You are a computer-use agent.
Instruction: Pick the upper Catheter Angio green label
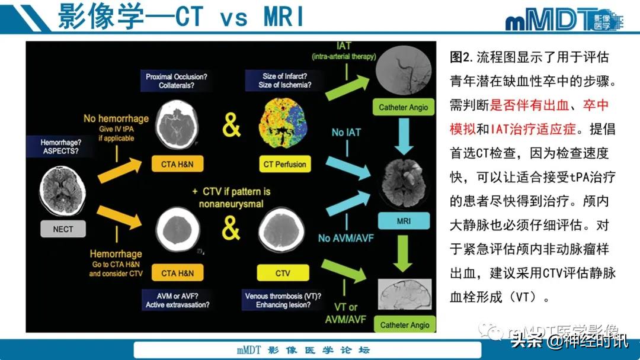[403, 107]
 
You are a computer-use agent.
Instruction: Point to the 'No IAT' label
[346, 133]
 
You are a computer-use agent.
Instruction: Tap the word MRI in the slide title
[283, 18]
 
